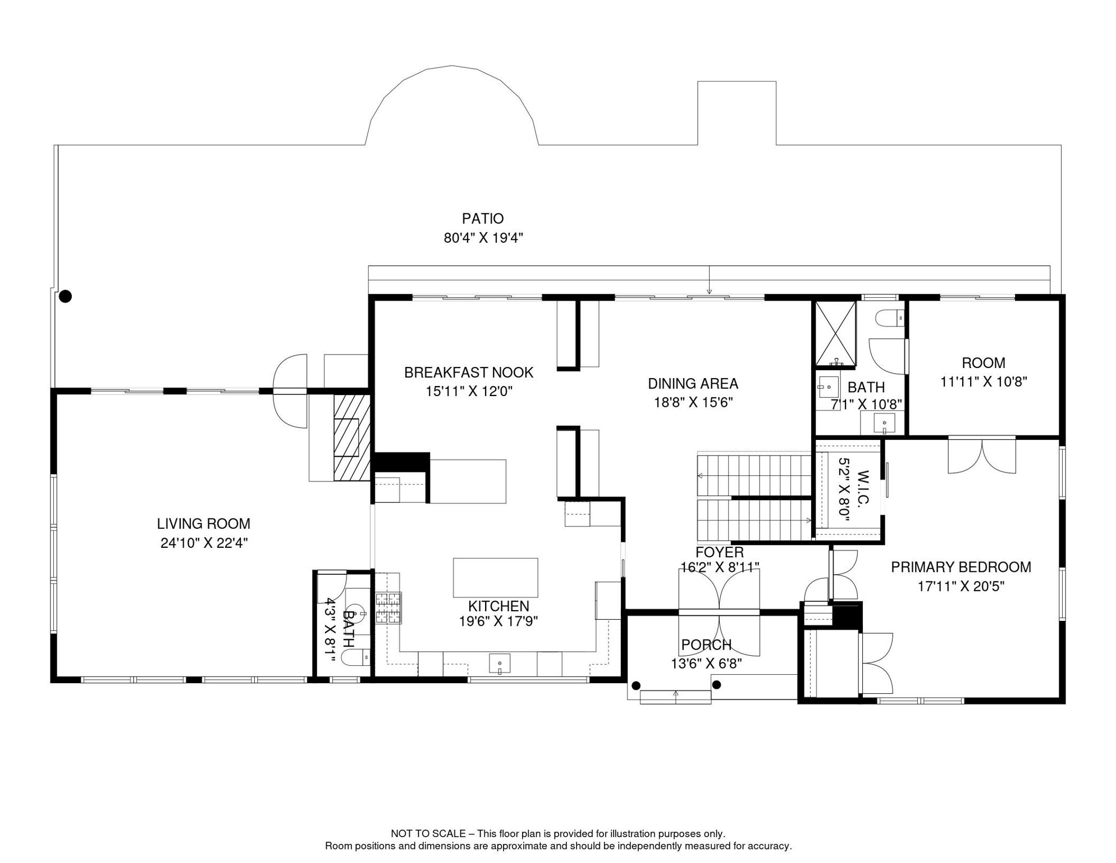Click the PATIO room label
pyautogui.click(x=483, y=219)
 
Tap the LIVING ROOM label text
pyautogui.click(x=203, y=524)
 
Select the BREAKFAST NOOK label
pyautogui.click(x=469, y=373)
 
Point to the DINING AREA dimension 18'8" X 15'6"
pyautogui.click(x=693, y=402)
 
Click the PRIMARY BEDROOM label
pyautogui.click(x=961, y=567)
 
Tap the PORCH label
pyautogui.click(x=706, y=645)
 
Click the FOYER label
pyautogui.click(x=720, y=552)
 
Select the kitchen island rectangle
pyautogui.click(x=496, y=578)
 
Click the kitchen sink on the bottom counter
pyautogui.click(x=500, y=664)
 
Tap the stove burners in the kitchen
pyautogui.click(x=388, y=608)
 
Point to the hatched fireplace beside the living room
pyautogui.click(x=352, y=438)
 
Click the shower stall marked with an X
pyautogui.click(x=835, y=334)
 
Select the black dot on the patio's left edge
pyautogui.click(x=66, y=296)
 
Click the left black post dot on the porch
pyautogui.click(x=636, y=685)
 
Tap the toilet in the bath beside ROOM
pyautogui.click(x=890, y=318)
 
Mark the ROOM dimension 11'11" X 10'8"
pyautogui.click(x=984, y=381)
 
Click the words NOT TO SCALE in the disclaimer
pyautogui.click(x=428, y=834)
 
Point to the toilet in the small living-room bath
pyautogui.click(x=356, y=656)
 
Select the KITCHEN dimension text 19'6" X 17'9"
pyautogui.click(x=498, y=621)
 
